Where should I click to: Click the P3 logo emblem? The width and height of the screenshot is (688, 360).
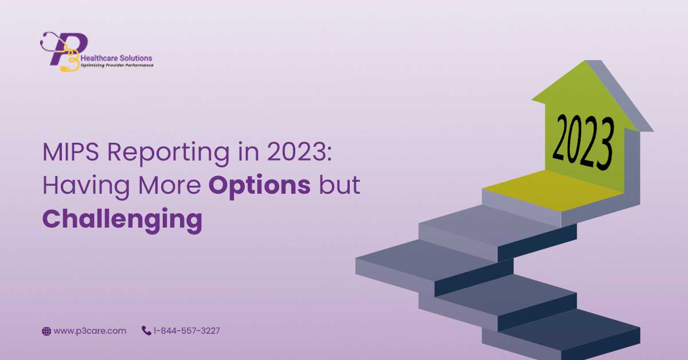(64, 50)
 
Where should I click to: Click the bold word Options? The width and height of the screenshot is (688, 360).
(259, 186)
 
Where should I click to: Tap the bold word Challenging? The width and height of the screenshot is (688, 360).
(122, 220)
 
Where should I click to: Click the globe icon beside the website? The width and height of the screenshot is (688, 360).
(46, 331)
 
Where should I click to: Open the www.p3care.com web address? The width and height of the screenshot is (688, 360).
(90, 331)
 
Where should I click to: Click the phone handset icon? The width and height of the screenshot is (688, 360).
(146, 331)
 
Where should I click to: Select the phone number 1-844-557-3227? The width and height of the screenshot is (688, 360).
(186, 331)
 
